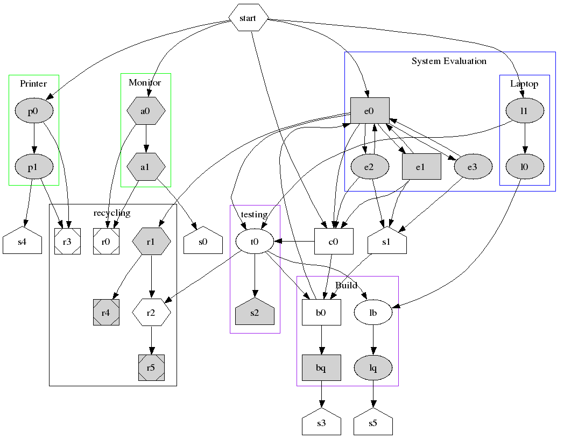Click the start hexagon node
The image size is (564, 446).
coord(248,18)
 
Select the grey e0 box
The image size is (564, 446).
coord(369,111)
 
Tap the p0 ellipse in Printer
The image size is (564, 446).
coord(34,111)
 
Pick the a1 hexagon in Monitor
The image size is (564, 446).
coord(145,167)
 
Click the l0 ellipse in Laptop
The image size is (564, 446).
coord(525,167)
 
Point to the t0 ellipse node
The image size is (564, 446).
coord(255,242)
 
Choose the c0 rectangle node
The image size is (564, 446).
coord(334,242)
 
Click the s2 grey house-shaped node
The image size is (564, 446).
coord(255,312)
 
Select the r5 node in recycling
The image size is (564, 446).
coord(151,368)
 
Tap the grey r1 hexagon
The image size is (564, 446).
coord(151,242)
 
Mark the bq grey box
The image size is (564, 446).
coord(321,368)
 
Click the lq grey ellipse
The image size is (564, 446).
coord(373,368)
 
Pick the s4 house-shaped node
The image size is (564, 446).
coord(22,242)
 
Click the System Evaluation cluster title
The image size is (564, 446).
coord(449,61)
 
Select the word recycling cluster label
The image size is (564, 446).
coord(112,213)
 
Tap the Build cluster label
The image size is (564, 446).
coord(346,285)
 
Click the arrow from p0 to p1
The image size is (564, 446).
coord(34,139)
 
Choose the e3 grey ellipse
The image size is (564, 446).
coord(473,167)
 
